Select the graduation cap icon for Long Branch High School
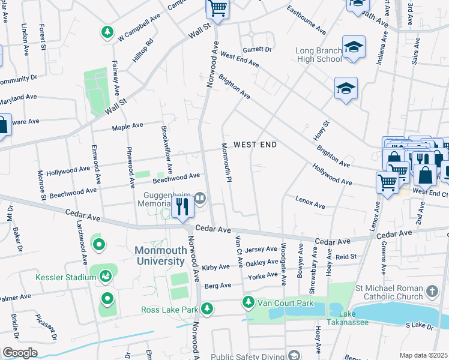pyautogui.click(x=354, y=47)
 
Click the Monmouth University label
pyautogui.click(x=160, y=256)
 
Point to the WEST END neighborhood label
pyautogui.click(x=255, y=145)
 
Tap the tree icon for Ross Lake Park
pyautogui.click(x=207, y=309)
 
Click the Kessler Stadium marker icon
pyautogui.click(x=106, y=277)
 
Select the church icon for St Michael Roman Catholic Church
pyautogui.click(x=432, y=292)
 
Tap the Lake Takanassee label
pyautogui.click(x=339, y=317)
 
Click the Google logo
pyautogui.click(x=20, y=352)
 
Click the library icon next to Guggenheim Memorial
pyautogui.click(x=200, y=197)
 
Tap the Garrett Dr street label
pyautogui.click(x=257, y=49)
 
